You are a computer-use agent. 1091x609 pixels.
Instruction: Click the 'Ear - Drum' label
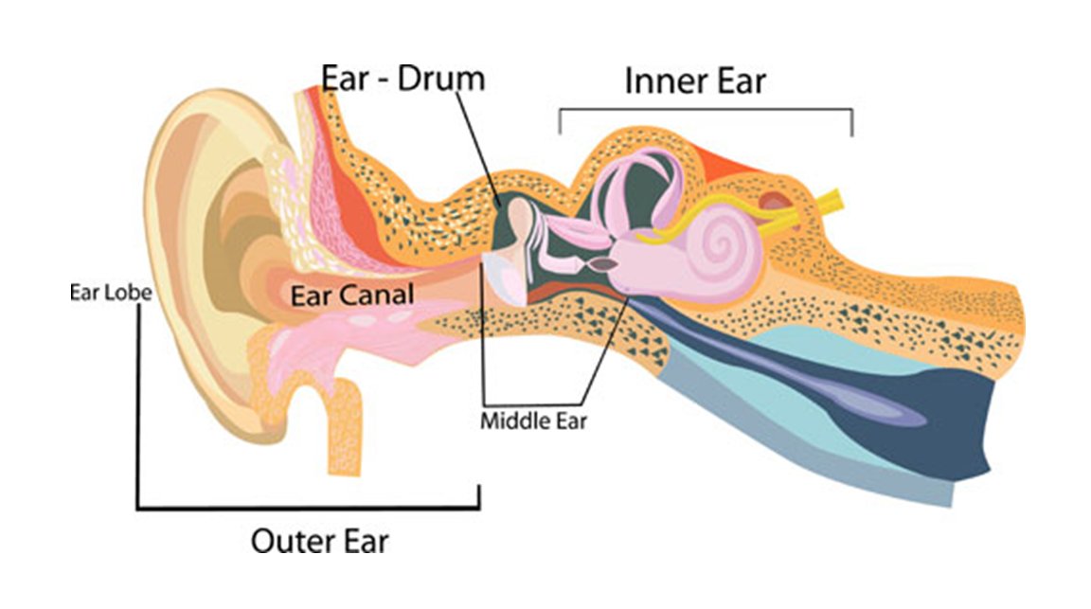[402, 79]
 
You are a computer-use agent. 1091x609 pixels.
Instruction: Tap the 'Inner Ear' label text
[694, 81]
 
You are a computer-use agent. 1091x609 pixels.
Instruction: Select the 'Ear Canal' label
[351, 296]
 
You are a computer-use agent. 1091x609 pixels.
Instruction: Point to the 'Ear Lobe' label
[110, 292]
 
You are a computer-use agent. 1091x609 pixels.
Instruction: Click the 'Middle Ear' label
[533, 421]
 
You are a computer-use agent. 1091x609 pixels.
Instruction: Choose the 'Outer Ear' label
[319, 542]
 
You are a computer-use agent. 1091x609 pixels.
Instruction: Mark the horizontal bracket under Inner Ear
[706, 110]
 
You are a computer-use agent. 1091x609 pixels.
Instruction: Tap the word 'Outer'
[282, 542]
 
